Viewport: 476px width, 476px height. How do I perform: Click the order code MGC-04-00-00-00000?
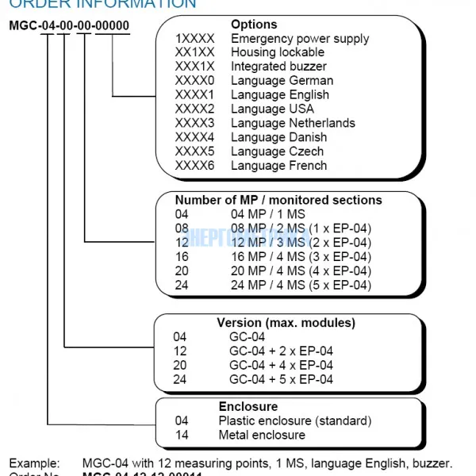click(x=69, y=25)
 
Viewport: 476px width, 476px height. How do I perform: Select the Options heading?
click(x=254, y=25)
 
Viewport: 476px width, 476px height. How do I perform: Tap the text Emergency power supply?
click(x=299, y=38)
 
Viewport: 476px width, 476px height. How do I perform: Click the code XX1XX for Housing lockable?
click(x=195, y=52)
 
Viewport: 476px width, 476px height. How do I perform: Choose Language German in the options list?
click(x=282, y=81)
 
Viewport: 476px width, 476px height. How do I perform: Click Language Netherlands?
click(x=293, y=123)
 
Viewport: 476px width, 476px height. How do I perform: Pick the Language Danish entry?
click(x=278, y=137)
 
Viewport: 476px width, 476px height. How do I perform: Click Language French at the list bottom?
click(x=278, y=166)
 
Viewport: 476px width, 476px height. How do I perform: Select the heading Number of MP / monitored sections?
click(x=278, y=200)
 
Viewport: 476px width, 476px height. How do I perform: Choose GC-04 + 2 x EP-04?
click(x=281, y=351)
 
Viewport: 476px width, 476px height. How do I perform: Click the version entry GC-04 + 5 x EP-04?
click(x=281, y=379)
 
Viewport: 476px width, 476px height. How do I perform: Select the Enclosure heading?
click(x=248, y=406)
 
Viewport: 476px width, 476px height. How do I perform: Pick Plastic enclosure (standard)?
click(x=295, y=420)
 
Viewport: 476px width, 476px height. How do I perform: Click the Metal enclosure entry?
click(x=262, y=435)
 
